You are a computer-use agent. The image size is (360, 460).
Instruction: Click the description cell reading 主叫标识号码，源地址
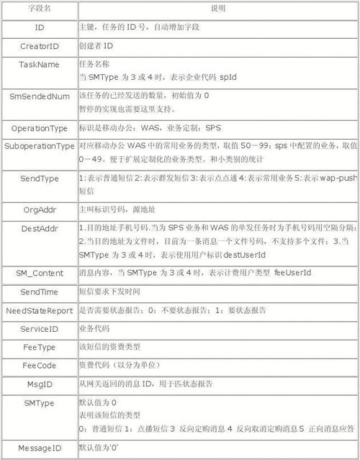(x=116, y=209)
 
